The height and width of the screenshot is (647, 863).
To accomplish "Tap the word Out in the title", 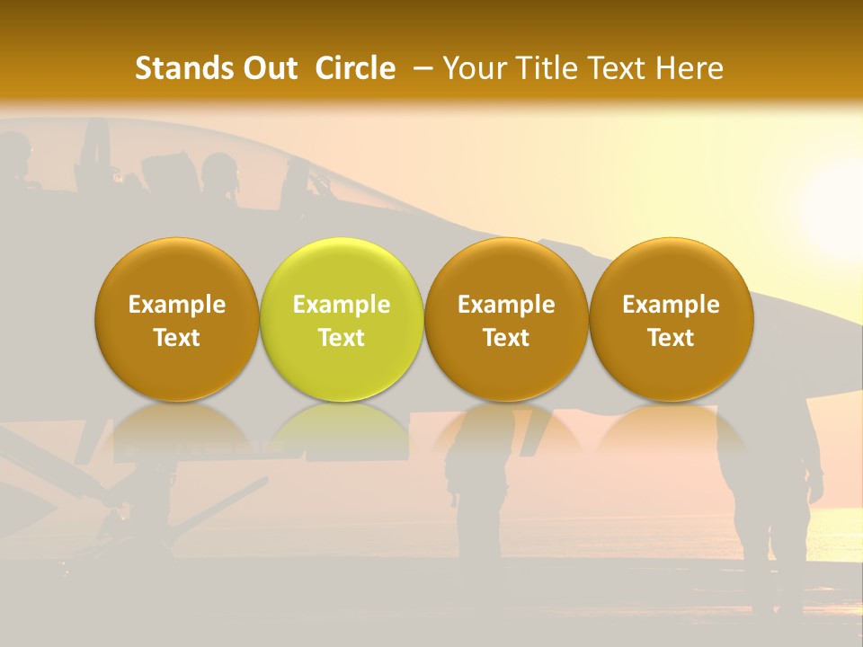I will [x=267, y=68].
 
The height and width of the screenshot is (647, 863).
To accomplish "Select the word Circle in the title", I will [x=355, y=68].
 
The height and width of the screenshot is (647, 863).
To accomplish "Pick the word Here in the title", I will [x=690, y=68].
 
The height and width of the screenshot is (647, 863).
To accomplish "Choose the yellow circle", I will [x=341, y=319].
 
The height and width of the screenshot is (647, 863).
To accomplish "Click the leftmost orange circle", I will [x=176, y=319].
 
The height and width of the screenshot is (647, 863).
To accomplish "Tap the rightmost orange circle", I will [x=671, y=319].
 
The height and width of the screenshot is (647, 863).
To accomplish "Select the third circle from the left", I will [x=506, y=319].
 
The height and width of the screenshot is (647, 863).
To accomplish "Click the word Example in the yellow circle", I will [x=342, y=305].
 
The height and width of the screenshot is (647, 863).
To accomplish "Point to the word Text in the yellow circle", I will [x=342, y=338].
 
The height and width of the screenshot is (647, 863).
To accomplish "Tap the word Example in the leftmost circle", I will [x=177, y=305].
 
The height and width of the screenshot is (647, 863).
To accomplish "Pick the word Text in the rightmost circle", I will [x=671, y=338].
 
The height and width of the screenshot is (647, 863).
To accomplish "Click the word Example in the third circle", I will [x=506, y=305].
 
